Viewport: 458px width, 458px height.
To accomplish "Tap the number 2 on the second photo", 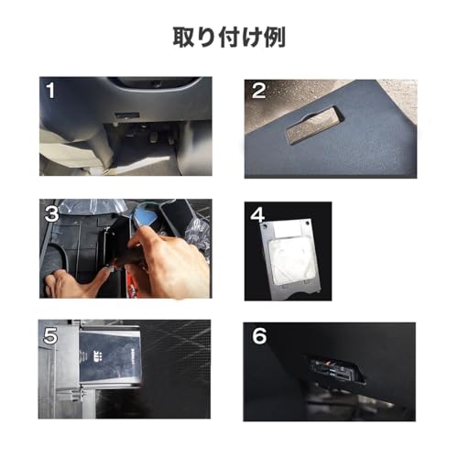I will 259,91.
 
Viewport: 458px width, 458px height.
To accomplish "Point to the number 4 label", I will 257,217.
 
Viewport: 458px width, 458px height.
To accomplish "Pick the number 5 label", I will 51,336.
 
